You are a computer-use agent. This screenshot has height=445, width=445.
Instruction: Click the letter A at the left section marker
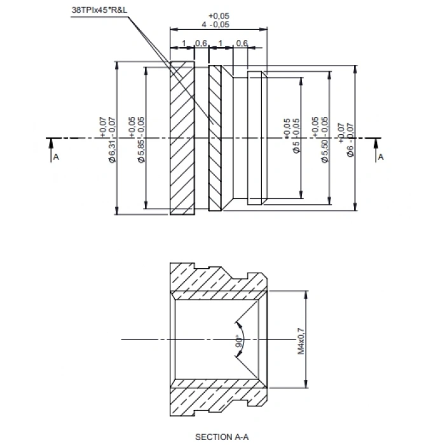click(56, 156)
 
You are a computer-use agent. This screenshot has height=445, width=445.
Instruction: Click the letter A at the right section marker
click(381, 156)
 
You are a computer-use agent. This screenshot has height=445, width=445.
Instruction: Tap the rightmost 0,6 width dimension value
click(242, 43)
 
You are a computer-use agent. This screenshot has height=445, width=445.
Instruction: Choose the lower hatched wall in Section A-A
click(216, 396)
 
